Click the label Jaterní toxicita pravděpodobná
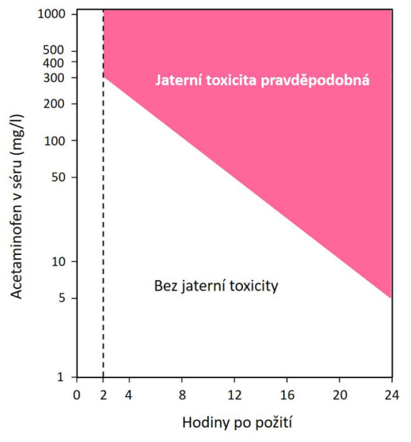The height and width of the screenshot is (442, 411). [x=263, y=79]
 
